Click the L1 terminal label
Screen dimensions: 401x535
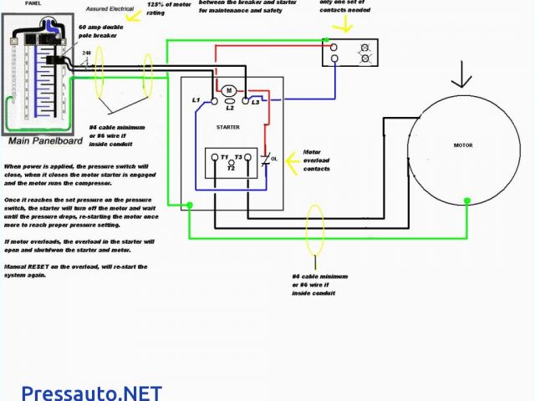point(196,100)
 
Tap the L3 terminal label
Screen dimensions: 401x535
point(256,100)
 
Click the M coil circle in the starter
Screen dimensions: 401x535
point(228,89)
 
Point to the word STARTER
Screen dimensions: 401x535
point(227,128)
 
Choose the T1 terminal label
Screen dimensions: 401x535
point(224,157)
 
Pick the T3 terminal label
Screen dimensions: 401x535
point(238,157)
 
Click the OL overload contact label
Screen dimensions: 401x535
point(273,158)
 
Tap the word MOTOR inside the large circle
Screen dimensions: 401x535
point(462,145)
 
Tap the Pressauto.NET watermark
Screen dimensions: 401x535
point(91,391)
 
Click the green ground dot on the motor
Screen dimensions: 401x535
point(467,200)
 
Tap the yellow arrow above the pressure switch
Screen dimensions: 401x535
point(340,25)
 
